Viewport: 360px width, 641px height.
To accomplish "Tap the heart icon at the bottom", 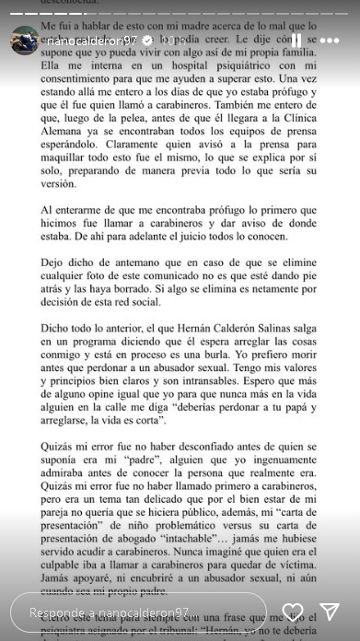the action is (293, 612).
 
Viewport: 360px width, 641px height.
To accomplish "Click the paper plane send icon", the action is (330, 612).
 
